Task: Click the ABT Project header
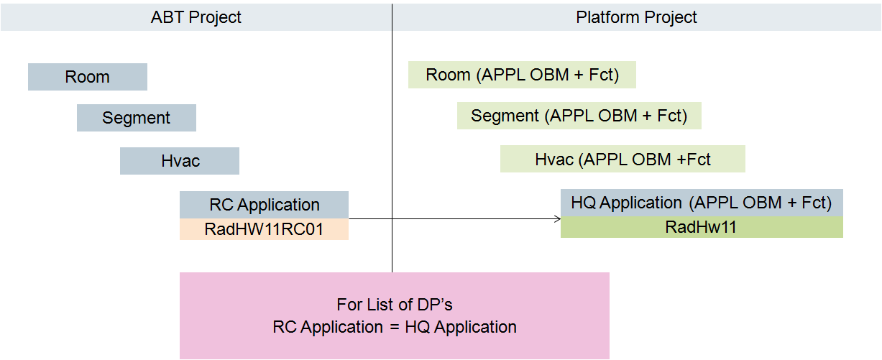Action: tap(196, 17)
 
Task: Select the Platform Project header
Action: tap(636, 17)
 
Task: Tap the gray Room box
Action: tap(87, 77)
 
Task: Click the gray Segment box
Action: tap(136, 118)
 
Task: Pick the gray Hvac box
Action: tap(180, 161)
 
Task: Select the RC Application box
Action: tap(264, 205)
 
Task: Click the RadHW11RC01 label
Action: tap(264, 229)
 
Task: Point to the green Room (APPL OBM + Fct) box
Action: tap(522, 75)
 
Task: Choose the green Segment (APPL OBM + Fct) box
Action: tap(579, 116)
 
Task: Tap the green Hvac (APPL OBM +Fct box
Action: tap(623, 160)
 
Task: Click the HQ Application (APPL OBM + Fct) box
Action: tap(701, 203)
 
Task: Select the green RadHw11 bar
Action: tap(701, 228)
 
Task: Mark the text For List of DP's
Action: tap(394, 305)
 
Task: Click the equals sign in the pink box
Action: tap(394, 327)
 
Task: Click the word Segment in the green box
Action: tap(505, 116)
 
